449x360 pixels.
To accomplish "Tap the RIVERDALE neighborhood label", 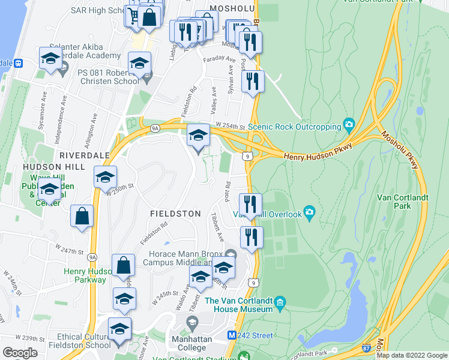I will [x=84, y=155].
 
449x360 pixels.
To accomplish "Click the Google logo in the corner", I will [x=20, y=352].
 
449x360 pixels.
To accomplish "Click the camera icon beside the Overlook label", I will [x=309, y=211].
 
